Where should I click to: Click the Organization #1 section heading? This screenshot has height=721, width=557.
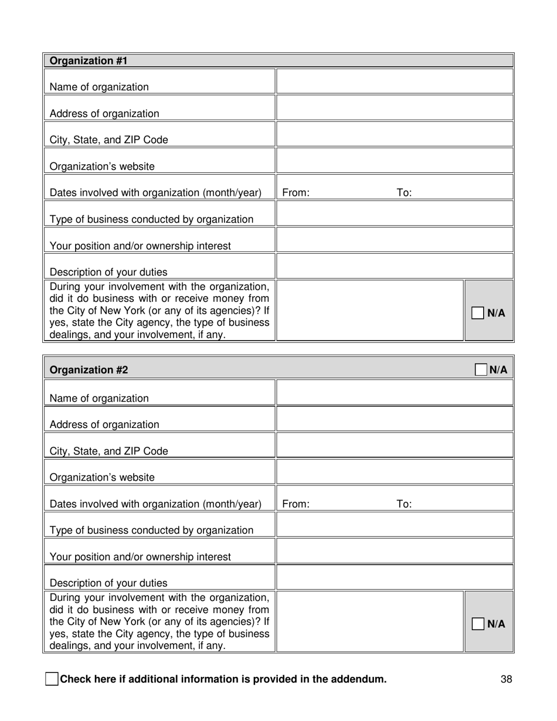pos(89,60)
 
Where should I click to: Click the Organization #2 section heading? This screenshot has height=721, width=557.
pos(89,370)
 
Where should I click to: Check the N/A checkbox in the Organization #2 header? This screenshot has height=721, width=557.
pos(481,370)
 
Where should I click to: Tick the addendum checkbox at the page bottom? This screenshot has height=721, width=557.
pos(52,679)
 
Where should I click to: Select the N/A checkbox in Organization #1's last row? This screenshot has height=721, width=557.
pos(477,313)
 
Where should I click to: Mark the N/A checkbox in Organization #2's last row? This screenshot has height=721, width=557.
pos(477,624)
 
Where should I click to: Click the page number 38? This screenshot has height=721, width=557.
pos(507,679)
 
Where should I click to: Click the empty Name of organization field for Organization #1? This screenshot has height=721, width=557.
pos(395,81)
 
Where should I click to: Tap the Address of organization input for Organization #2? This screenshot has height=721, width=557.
pos(395,419)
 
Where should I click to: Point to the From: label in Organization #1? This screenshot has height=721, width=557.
pos(296,193)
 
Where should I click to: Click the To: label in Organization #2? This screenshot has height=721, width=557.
pos(404,504)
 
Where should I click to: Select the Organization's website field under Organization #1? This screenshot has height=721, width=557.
pos(395,161)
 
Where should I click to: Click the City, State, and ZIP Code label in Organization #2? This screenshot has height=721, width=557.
pos(108,451)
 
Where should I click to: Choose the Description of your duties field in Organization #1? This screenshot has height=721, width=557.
pos(395,266)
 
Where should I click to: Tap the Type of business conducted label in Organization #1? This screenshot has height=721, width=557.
pos(151,219)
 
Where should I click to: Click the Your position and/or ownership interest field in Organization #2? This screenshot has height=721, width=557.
pos(395,551)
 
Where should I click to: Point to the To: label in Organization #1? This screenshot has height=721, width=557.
pos(404,193)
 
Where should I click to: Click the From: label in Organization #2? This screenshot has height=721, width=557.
pos(296,504)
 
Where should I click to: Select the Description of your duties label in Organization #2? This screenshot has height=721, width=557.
pos(108,583)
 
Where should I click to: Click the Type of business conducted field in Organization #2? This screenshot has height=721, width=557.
pos(395,525)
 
